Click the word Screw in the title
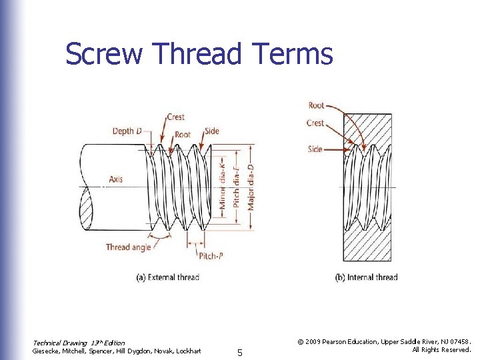[x=103, y=54]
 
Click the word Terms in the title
[x=291, y=54]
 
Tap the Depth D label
[x=127, y=131]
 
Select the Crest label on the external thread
[x=176, y=117]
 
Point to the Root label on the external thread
[x=182, y=134]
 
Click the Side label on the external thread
[x=212, y=131]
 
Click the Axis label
[x=115, y=179]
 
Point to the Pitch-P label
[x=211, y=255]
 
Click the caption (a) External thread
[x=168, y=277]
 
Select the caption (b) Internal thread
[x=366, y=277]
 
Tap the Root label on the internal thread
[x=317, y=105]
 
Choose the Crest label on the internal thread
[x=315, y=123]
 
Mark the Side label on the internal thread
[x=315, y=149]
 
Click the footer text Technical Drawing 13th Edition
[x=79, y=343]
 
